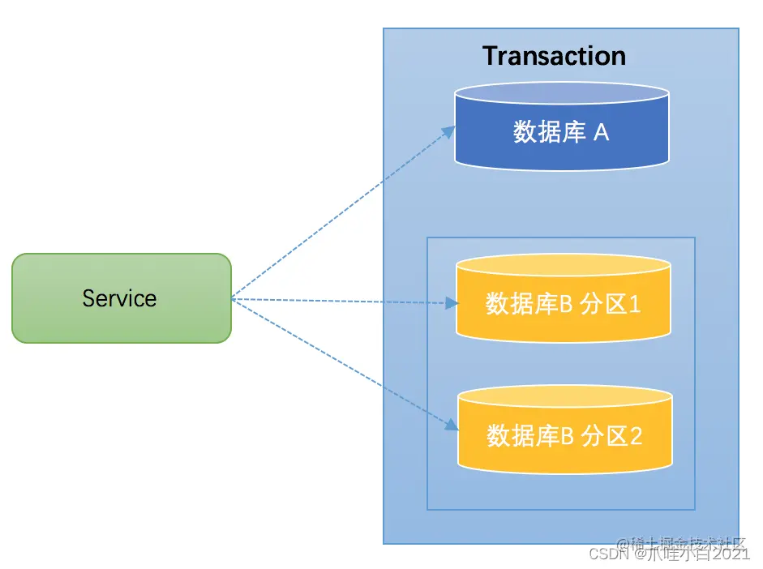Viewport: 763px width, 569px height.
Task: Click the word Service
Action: tap(119, 298)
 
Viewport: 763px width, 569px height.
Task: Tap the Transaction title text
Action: tap(554, 56)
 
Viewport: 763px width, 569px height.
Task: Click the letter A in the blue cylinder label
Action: tap(601, 132)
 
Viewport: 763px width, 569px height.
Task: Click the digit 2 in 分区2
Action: tap(636, 436)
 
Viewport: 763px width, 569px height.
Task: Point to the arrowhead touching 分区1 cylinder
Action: tap(452, 304)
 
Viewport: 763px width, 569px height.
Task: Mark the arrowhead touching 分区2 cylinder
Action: tap(452, 427)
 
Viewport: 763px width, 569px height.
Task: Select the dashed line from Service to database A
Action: tap(341, 215)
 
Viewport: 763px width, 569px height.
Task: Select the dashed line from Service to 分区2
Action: tap(341, 363)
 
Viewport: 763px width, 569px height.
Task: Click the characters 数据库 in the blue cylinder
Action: tap(549, 132)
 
